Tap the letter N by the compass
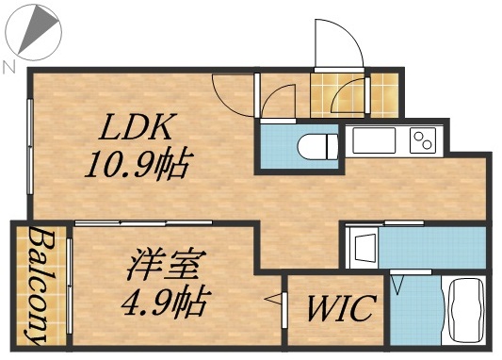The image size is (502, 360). click(8, 66)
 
